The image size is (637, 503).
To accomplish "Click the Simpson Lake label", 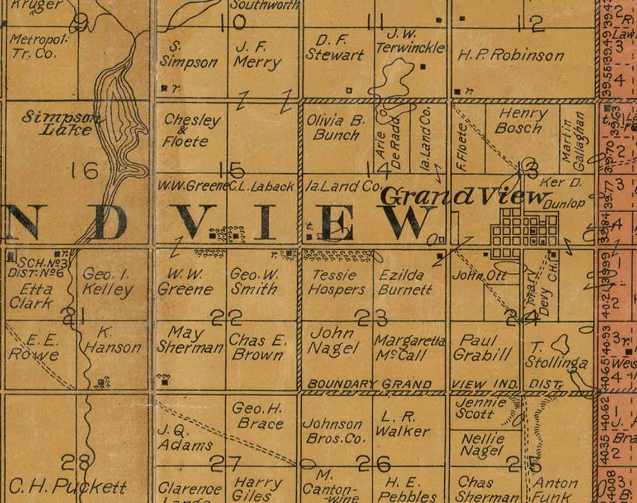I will tap(58, 124).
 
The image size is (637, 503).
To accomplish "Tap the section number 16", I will tap(85, 170).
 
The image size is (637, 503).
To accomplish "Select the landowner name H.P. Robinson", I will tap(511, 55).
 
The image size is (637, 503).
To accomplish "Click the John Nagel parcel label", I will tap(333, 340).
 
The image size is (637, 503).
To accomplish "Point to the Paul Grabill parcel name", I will tap(482, 348).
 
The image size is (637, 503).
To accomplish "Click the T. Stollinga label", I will tap(555, 355).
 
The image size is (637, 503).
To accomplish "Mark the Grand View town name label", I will tap(464, 197).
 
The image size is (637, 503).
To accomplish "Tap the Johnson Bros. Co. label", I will tap(334, 431).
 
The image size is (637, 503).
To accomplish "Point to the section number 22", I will tap(226, 318).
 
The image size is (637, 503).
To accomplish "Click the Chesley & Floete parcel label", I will tap(192, 131).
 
